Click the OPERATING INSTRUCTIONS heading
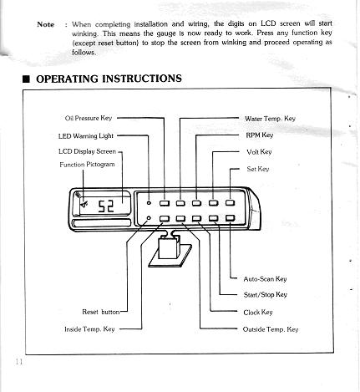[x=109, y=79]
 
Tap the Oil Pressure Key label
[x=88, y=119]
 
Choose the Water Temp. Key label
[x=270, y=119]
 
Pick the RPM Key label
[x=259, y=135]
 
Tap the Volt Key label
[x=258, y=151]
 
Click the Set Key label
[x=257, y=169]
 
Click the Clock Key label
[x=257, y=312]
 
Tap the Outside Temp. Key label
[x=270, y=329]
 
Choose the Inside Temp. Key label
[x=89, y=329]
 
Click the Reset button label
[x=100, y=312]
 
